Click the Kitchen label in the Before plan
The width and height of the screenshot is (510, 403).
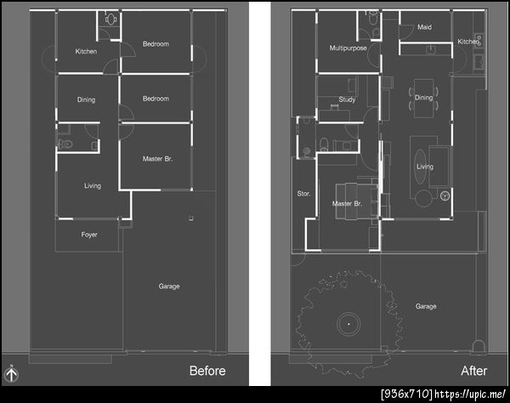point(86,51)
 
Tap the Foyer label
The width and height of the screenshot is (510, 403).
point(89,235)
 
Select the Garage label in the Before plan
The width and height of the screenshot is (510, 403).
point(169,287)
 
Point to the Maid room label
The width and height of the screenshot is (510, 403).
point(424,27)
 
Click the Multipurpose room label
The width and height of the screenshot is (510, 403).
point(348,48)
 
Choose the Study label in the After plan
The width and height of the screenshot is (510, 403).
point(347,99)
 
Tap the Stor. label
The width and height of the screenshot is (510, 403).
point(303,194)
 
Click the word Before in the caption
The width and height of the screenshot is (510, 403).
point(207,371)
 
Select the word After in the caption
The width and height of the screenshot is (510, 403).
point(474,371)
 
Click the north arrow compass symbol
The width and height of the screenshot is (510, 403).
point(11,374)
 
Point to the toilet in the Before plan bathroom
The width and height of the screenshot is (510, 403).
point(65,144)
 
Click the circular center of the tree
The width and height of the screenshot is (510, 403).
point(348,324)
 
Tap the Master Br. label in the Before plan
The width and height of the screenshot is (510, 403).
point(158,159)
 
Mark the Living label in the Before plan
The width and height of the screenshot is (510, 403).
point(93,185)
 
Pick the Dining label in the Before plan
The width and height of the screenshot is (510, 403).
point(86,99)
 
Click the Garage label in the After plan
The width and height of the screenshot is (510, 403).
point(426,306)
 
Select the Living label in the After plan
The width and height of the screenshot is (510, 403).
point(425,167)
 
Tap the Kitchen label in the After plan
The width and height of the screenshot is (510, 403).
point(468,42)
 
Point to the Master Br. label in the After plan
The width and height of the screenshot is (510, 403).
point(347,204)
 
